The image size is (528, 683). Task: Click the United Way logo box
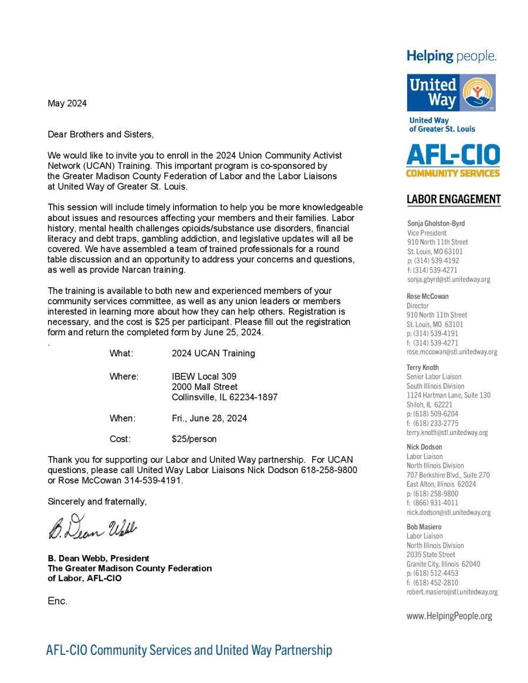[x=451, y=93]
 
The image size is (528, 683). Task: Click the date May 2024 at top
[x=67, y=104]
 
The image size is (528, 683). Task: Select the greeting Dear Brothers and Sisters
[x=100, y=135]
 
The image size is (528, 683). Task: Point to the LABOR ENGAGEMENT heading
[x=453, y=199]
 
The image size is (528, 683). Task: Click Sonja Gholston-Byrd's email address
[x=448, y=280]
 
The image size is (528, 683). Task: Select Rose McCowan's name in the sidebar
[x=427, y=297]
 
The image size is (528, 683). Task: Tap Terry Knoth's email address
[x=447, y=433]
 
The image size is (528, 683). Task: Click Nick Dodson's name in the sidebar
[x=424, y=447]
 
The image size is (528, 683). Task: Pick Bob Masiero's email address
[x=452, y=592]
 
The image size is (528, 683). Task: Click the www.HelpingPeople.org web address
[x=449, y=616]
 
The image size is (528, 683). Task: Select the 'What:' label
[x=121, y=354]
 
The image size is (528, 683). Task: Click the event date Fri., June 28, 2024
[x=209, y=419]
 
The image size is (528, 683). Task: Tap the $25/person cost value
[x=194, y=439]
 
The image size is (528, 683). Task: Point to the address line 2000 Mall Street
[x=205, y=387]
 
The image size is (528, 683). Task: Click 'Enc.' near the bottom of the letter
[x=57, y=601]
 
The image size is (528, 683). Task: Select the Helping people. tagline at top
[x=452, y=57]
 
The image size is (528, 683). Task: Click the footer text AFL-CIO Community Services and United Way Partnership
[x=189, y=650]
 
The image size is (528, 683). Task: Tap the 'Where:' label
[x=124, y=376]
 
